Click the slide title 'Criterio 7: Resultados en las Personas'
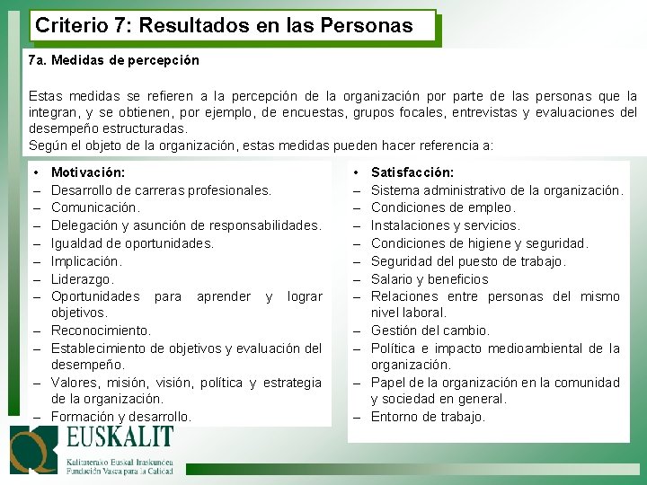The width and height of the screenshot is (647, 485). point(224,26)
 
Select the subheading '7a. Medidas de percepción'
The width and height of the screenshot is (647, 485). point(114,60)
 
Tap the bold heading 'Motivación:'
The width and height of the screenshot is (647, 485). point(88,172)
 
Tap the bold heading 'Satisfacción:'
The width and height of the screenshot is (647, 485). point(412,172)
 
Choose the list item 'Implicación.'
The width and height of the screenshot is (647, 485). point(86,260)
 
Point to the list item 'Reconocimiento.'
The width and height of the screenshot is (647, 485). point(102,331)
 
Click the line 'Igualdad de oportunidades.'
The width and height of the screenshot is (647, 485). point(133,242)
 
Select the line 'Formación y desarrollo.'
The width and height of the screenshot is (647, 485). point(121,417)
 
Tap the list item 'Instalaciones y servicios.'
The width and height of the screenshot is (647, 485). point(445,225)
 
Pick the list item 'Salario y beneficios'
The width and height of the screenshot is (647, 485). point(430,278)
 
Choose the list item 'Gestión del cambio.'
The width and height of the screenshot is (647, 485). point(430,331)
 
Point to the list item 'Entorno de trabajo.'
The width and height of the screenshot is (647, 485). point(428,417)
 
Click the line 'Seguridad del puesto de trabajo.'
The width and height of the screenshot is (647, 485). point(468,260)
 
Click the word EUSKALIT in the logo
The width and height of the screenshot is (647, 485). point(120,439)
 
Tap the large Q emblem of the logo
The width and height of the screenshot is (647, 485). point(34,449)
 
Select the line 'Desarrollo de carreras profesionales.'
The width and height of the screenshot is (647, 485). point(162,190)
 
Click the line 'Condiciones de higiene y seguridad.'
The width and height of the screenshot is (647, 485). point(480,242)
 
